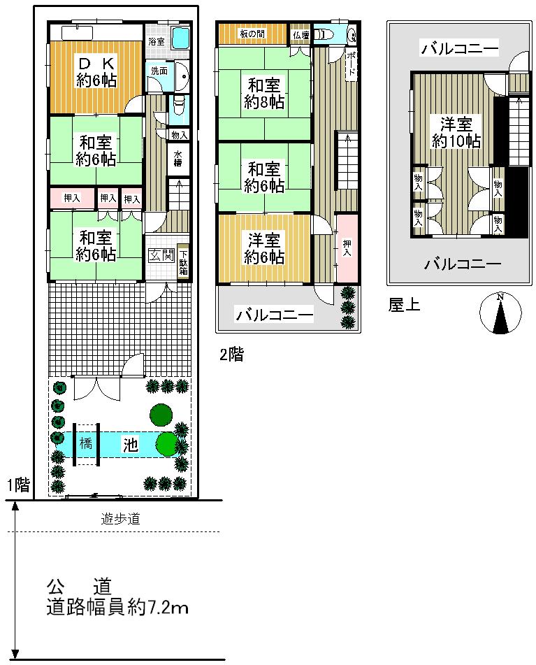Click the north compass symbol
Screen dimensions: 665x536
[x=501, y=313]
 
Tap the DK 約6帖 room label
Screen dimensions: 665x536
[x=96, y=70]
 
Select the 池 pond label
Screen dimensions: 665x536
[x=131, y=445]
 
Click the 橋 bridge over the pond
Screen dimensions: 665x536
[x=85, y=444]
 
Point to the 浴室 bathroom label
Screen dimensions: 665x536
[x=156, y=41]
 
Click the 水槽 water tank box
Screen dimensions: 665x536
[x=178, y=159]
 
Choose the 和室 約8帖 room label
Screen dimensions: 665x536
[x=264, y=94]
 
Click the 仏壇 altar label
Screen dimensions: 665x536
[x=300, y=34]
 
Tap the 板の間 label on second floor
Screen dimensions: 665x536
[x=252, y=34]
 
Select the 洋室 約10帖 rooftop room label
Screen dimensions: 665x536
[x=456, y=132]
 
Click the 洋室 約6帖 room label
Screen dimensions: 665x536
[x=264, y=248]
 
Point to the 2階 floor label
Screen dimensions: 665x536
[x=232, y=355]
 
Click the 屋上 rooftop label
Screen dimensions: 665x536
[x=404, y=306]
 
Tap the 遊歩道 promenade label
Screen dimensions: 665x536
[x=116, y=520]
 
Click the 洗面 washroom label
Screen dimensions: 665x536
[x=159, y=71]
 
